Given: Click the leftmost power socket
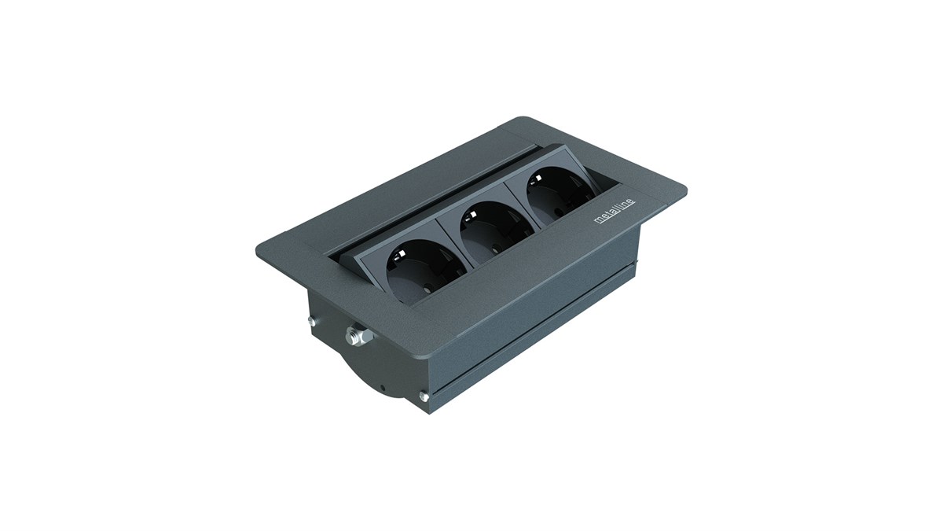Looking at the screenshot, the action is [426, 272].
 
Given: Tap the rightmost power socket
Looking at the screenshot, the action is [561, 193].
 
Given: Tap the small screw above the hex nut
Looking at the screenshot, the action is [312, 322].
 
